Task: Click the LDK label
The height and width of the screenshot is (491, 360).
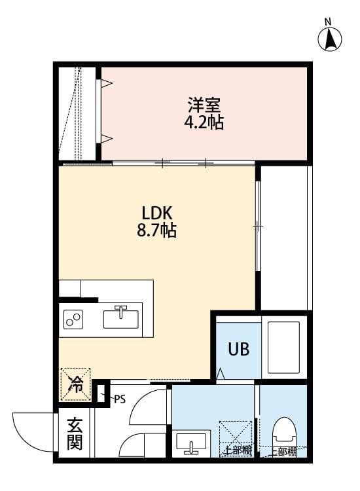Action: pos(156,213)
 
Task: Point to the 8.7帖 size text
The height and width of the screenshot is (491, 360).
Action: pos(156,231)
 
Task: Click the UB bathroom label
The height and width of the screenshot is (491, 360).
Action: pos(238,348)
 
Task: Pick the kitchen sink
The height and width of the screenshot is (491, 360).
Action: pos(121,318)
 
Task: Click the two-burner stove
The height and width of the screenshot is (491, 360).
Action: pos(74,319)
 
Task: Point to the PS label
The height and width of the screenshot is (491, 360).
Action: pos(119,398)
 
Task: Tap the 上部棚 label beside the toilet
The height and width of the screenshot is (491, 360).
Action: pos(283,451)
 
